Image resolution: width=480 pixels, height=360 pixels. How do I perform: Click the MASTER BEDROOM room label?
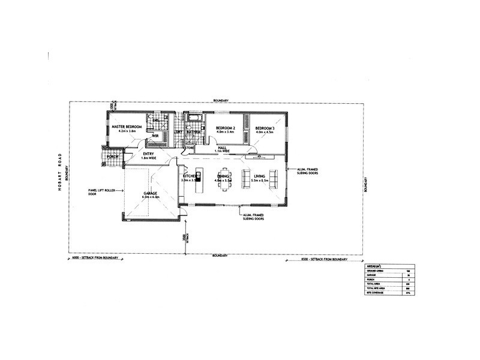point(126,127)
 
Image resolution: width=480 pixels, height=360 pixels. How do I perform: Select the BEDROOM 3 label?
point(264,128)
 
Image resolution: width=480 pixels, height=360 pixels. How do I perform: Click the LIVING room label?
point(259,176)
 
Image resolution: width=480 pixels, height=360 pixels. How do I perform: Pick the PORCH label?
point(112,157)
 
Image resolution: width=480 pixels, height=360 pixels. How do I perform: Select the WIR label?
point(154,136)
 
